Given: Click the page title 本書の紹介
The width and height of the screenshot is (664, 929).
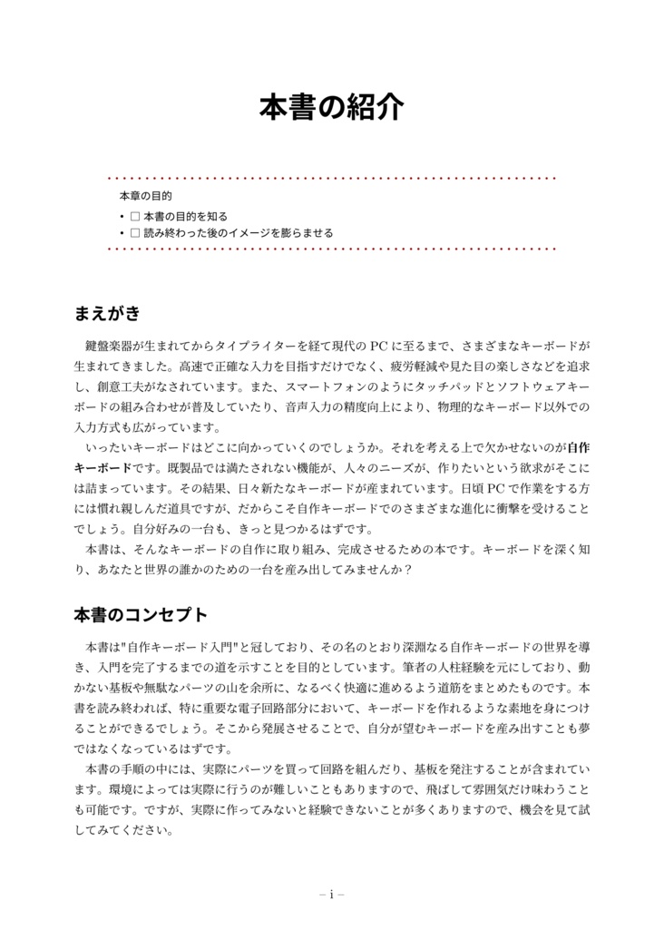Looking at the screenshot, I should point(331,107).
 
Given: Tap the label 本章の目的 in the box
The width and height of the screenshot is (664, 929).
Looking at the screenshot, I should point(145,196).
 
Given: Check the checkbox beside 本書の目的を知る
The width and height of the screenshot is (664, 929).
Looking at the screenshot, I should point(134,217).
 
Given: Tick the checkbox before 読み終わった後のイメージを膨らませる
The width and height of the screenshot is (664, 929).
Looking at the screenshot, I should point(134,233).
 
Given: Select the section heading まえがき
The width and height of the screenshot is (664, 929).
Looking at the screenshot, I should point(107,314).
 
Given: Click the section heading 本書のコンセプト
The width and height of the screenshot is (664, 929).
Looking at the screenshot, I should point(141,615).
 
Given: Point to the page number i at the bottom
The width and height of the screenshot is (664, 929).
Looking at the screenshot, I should point(332,895).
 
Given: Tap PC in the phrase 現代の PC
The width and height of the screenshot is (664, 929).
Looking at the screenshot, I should point(380,346).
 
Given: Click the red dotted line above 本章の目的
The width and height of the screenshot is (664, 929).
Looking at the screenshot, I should point(331,178).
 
